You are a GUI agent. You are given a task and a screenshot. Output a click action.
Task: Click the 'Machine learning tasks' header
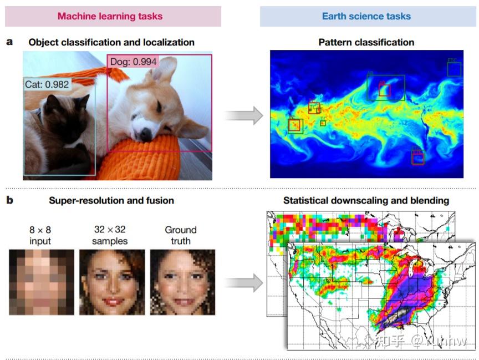click(x=113, y=16)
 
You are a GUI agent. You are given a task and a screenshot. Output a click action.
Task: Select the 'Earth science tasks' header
click(x=366, y=16)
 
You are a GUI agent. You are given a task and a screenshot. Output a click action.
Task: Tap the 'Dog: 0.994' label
click(x=133, y=62)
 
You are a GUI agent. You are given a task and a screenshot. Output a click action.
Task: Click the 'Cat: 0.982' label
click(x=47, y=84)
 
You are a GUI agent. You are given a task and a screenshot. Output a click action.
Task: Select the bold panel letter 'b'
click(x=9, y=200)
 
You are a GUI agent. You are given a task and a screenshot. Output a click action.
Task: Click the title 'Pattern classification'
click(x=366, y=42)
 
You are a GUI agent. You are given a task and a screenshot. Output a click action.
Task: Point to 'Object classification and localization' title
click(x=111, y=42)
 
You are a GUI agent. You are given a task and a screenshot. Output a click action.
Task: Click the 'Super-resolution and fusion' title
click(x=111, y=200)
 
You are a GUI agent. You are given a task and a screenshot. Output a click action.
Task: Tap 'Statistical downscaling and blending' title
click(x=366, y=200)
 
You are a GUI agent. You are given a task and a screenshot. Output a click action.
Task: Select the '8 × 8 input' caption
click(x=40, y=235)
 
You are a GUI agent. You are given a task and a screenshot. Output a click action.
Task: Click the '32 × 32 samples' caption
click(x=110, y=235)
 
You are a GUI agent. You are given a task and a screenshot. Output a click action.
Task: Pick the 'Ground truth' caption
click(x=181, y=235)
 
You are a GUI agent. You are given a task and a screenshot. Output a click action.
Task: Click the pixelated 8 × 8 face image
click(x=41, y=282)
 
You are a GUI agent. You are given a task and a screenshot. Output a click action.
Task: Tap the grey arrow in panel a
click(x=243, y=115)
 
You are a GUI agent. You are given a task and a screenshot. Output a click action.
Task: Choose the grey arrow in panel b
click(x=243, y=282)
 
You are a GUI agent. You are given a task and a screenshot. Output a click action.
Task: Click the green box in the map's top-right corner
click(x=454, y=69)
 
